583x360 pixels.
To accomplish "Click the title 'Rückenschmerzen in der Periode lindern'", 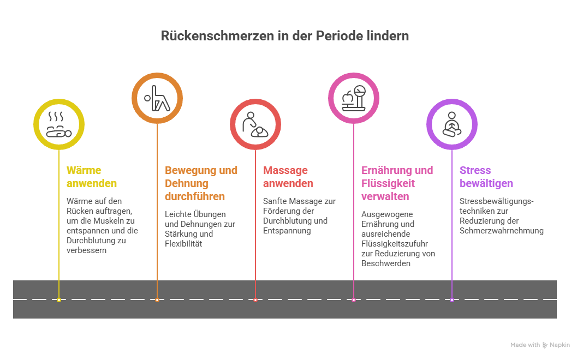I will pyautogui.click(x=285, y=36).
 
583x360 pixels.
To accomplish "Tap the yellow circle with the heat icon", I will pyautogui.click(x=59, y=124).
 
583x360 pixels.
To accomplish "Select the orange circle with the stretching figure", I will pyautogui.click(x=157, y=98).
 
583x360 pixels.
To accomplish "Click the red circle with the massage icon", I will pyautogui.click(x=255, y=124).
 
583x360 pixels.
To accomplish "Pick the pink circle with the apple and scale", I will pyautogui.click(x=354, y=98).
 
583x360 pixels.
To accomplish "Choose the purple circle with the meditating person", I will pyautogui.click(x=451, y=124).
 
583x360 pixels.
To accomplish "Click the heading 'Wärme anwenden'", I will pyautogui.click(x=92, y=177).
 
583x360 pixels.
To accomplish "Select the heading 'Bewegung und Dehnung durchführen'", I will pyautogui.click(x=201, y=183).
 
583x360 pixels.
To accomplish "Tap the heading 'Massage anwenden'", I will pyautogui.click(x=288, y=177).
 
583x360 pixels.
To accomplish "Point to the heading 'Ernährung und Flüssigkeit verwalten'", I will pyautogui.click(x=397, y=183).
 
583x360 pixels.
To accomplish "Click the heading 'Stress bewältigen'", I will pyautogui.click(x=486, y=177).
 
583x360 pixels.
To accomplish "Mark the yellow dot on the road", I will pyautogui.click(x=59, y=299).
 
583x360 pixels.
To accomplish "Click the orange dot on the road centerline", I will pyautogui.click(x=157, y=299).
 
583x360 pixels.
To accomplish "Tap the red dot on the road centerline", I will pyautogui.click(x=255, y=299).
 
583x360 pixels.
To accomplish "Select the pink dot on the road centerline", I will pyautogui.click(x=354, y=299).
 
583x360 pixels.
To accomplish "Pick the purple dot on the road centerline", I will pyautogui.click(x=451, y=299).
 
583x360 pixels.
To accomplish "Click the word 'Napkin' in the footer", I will pyautogui.click(x=560, y=345).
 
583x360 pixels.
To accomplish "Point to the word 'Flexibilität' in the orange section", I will pyautogui.click(x=183, y=244).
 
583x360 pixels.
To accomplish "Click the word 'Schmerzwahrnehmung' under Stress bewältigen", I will pyautogui.click(x=501, y=231).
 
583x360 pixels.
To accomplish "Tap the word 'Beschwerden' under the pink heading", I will pyautogui.click(x=385, y=263).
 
